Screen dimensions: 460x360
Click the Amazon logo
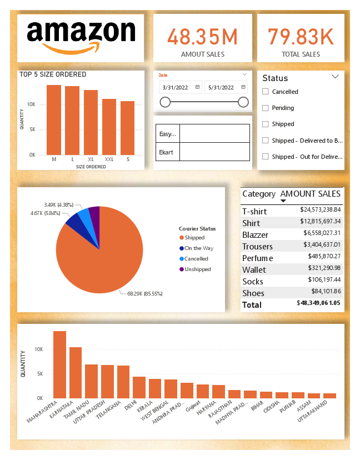[x=81, y=38]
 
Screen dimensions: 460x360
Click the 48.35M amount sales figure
[x=202, y=37]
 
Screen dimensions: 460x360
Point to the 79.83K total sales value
[x=301, y=37]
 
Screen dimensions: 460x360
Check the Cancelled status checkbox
[x=266, y=92]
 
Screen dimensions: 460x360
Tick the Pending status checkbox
[x=266, y=108]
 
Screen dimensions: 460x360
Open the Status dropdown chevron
[x=335, y=77]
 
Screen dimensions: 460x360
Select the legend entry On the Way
[x=198, y=248]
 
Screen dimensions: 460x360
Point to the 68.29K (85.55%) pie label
[x=142, y=293]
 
